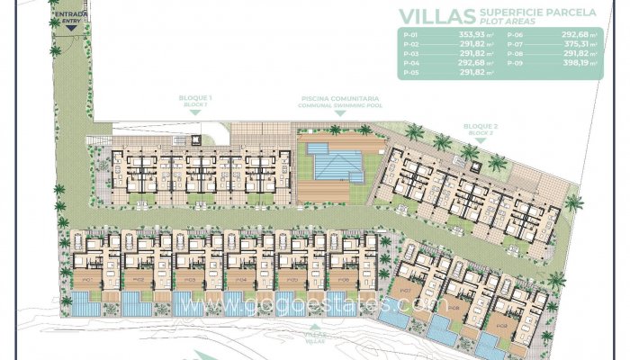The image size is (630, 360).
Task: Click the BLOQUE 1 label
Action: (196, 99)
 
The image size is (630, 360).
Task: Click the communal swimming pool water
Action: (334, 163)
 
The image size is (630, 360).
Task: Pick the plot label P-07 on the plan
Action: (405, 292)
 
